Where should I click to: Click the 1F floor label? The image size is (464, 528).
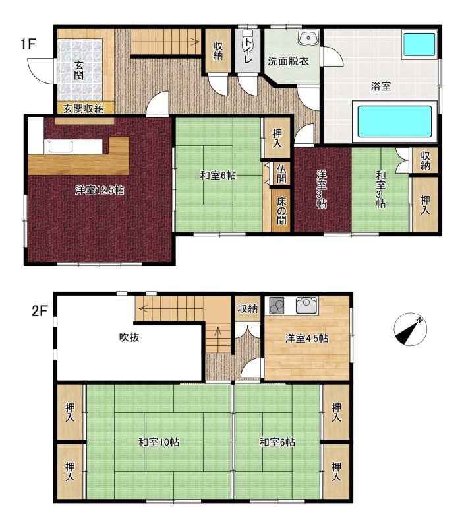pos(28,44)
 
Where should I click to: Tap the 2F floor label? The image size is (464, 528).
pos(40,310)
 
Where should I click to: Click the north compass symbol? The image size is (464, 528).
pos(410,329)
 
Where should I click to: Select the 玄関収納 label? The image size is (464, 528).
pos(84,108)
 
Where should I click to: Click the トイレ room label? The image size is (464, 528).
pos(248,51)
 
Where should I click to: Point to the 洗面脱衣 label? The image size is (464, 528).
pos(288,61)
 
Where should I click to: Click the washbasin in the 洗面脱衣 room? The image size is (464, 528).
pos(308,38)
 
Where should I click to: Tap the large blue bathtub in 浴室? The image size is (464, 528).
pos(394,121)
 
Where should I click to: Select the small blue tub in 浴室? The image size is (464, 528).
pos(419,44)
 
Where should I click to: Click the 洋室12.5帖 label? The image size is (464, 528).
pos(100,191)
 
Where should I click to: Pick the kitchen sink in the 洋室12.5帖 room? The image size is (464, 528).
pos(61,147)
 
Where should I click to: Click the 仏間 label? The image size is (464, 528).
pos(281,174)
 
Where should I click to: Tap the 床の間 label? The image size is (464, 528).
pos(281,211)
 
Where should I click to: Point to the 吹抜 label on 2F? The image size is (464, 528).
pos(129,337)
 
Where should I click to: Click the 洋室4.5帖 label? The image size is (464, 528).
pos(306,338)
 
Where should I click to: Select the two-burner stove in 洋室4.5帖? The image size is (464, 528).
pos(276,306)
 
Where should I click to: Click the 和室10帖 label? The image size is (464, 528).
pos(159,442)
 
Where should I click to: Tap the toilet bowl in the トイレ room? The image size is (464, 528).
pos(248,35)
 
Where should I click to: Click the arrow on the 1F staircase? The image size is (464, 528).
pos(165,42)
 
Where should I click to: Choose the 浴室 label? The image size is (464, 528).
pos(380,86)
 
